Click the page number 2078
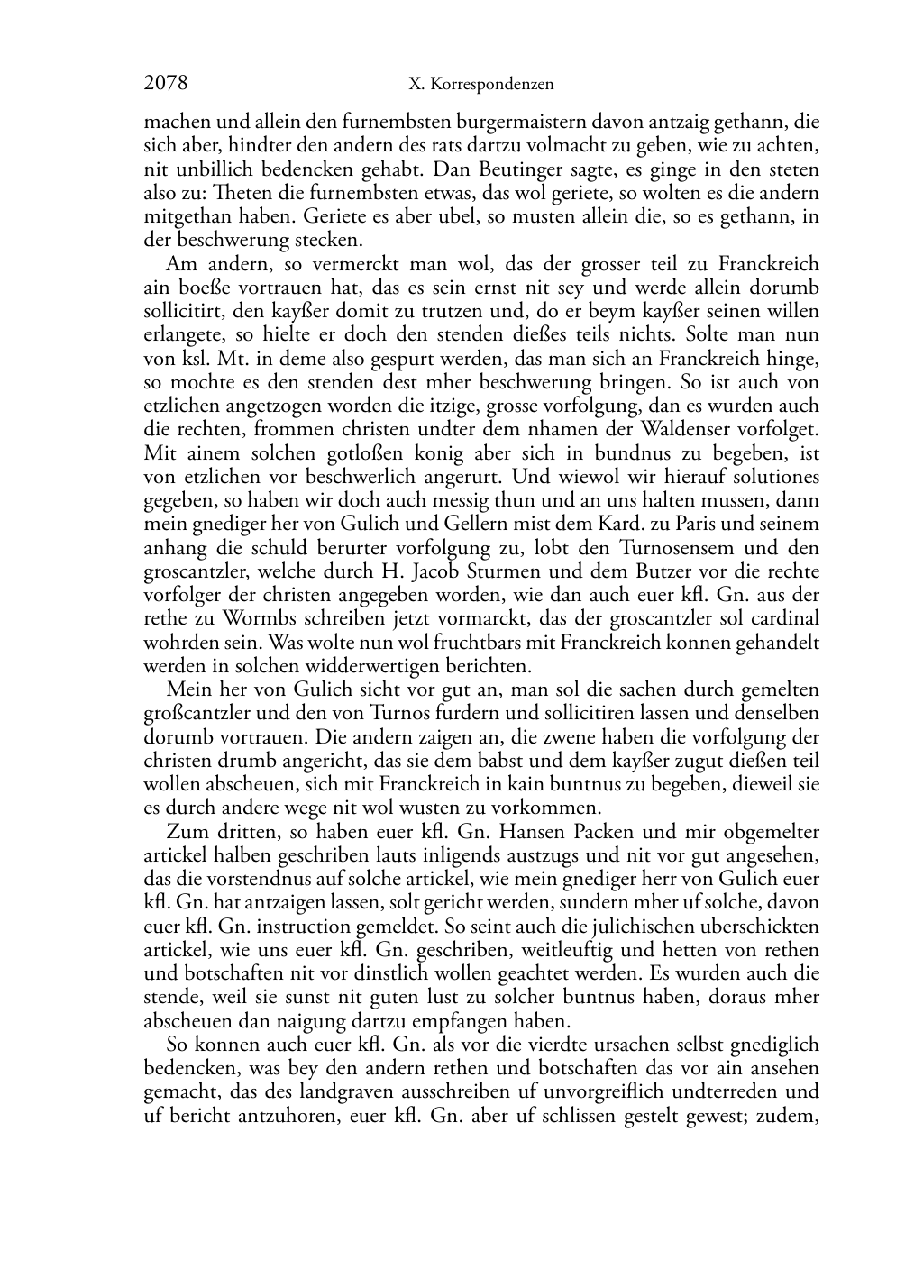(x=166, y=84)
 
